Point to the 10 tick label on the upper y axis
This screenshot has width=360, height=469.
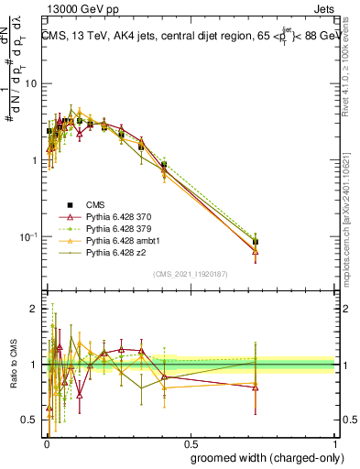click(32, 83)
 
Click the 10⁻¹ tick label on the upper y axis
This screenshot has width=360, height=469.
click(29, 237)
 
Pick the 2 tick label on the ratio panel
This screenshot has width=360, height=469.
click(35, 310)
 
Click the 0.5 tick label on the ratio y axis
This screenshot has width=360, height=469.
click(31, 420)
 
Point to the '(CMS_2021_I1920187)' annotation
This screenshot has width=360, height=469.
click(190, 274)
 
